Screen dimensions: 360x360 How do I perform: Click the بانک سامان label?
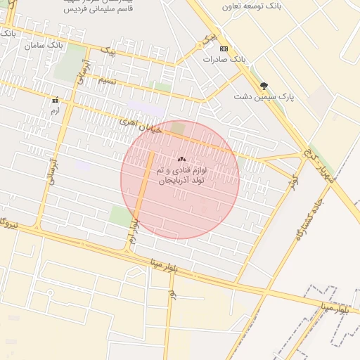(x=40, y=45)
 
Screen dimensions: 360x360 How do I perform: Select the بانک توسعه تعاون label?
(x=250, y=5)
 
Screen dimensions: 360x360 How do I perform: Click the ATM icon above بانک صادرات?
(x=224, y=49)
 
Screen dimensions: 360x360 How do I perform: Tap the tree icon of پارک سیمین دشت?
(x=264, y=85)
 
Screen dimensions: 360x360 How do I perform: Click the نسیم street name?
(x=107, y=80)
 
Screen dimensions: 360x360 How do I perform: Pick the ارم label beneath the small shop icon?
(x=55, y=110)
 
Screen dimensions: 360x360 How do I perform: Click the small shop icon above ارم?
(x=55, y=101)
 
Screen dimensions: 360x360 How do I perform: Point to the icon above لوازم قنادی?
(x=181, y=160)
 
